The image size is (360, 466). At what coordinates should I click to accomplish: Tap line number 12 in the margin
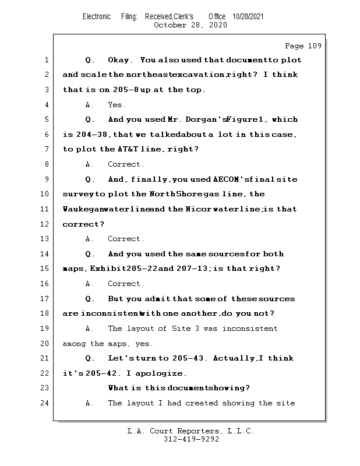pyautogui.click(x=46, y=224)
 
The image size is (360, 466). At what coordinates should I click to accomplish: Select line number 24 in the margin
pyautogui.click(x=46, y=403)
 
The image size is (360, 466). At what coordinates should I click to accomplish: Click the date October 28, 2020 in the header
pyautogui.click(x=190, y=25)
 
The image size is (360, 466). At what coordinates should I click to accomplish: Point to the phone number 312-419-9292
pyautogui.click(x=191, y=440)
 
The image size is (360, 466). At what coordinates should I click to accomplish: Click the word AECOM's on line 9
pyautogui.click(x=234, y=179)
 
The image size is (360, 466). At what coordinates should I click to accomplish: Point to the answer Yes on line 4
pyautogui.click(x=117, y=105)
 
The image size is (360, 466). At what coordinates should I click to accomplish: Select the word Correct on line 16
pyautogui.click(x=126, y=284)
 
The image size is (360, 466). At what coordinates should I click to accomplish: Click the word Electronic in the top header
pyautogui.click(x=97, y=17)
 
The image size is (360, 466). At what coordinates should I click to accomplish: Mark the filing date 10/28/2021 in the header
pyautogui.click(x=248, y=17)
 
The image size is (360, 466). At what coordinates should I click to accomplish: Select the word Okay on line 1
pyautogui.click(x=120, y=60)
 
